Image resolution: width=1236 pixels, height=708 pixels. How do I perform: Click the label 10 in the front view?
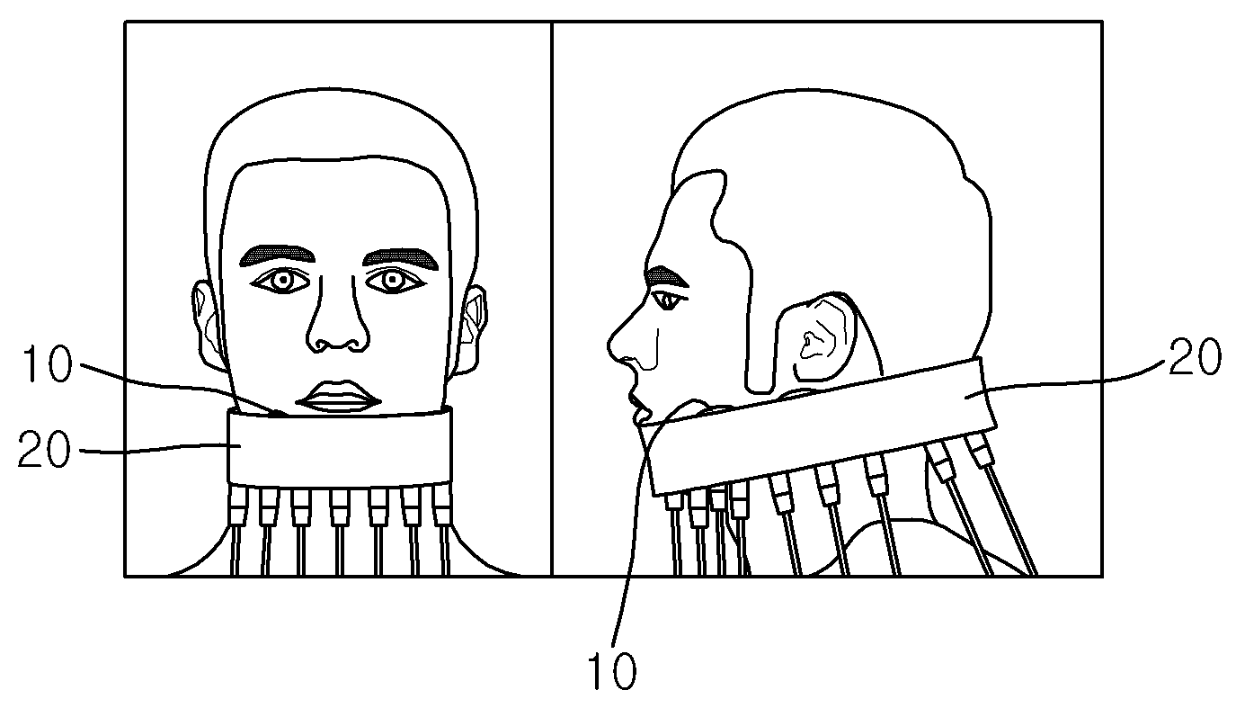[47, 363]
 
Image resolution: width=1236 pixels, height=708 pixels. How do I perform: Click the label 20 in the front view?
[44, 449]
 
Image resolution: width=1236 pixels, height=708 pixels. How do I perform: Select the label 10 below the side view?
[611, 670]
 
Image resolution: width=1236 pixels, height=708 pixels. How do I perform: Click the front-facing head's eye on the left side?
[282, 281]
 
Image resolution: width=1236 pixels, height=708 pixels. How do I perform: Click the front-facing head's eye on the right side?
[394, 281]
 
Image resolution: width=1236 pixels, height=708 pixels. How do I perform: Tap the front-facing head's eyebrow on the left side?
[277, 255]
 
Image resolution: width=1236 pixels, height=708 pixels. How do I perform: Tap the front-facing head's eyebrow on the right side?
[401, 258]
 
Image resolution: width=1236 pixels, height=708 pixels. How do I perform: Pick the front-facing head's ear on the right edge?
[469, 329]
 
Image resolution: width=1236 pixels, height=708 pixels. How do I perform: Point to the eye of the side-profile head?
[669, 300]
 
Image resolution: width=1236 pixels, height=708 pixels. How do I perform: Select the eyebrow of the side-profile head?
[667, 277]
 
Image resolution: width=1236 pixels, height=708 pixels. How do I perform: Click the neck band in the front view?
[340, 448]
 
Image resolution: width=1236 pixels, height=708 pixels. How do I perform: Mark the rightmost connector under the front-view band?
[442, 505]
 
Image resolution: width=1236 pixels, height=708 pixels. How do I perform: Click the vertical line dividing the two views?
[552, 299]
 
